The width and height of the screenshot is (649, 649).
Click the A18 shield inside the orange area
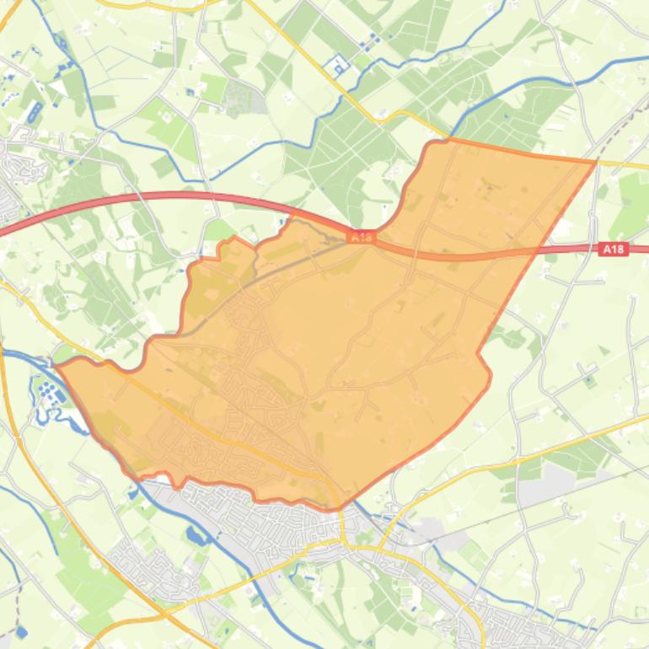(x=361, y=238)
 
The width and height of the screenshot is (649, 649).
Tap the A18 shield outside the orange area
(x=614, y=249)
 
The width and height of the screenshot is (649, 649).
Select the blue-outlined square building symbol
(x=338, y=65)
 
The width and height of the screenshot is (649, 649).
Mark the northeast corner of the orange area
(x=596, y=160)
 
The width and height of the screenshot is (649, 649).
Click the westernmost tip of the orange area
(x=56, y=365)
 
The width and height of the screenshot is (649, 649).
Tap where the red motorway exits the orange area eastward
(x=539, y=249)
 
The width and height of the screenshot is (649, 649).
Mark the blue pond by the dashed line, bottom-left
(x=20, y=631)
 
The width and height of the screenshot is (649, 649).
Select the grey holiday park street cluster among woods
(x=244, y=97)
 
